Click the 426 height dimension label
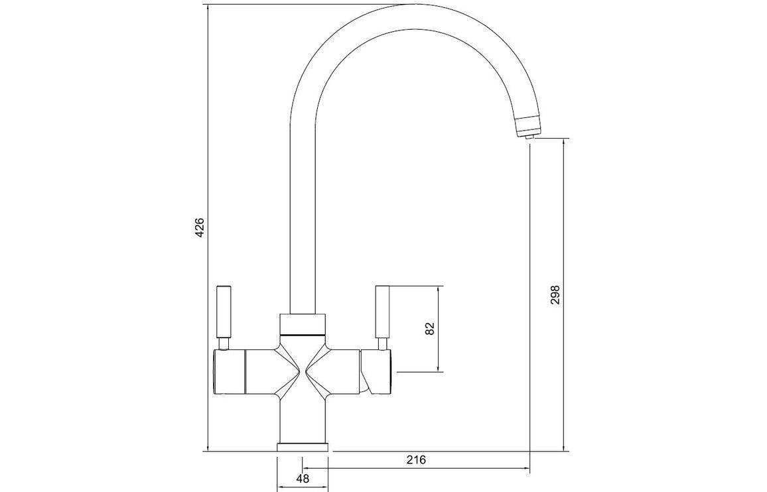199,228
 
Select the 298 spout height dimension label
555,294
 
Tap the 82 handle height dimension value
430,329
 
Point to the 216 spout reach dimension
416,460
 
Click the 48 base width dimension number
303,478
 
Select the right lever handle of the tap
382,312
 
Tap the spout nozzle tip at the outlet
528,137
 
